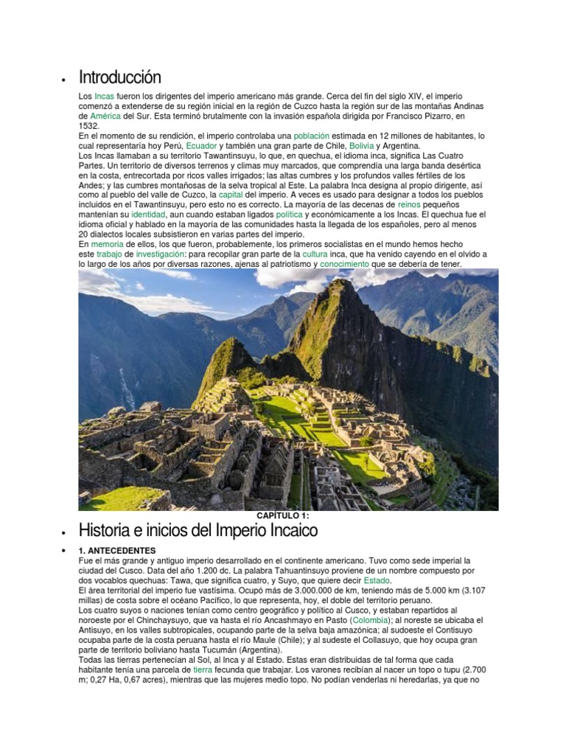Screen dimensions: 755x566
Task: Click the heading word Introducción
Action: (x=119, y=77)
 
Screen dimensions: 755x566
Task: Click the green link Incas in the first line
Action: (x=105, y=97)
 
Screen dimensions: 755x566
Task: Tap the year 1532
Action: (x=88, y=126)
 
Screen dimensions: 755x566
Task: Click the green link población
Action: (x=312, y=136)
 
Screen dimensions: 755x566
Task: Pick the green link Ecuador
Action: (x=201, y=146)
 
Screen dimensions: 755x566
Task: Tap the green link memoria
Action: (x=107, y=243)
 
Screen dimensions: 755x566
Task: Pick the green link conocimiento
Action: (x=345, y=263)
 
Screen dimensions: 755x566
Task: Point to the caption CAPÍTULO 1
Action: (x=284, y=515)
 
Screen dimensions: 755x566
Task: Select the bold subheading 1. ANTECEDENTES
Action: (x=117, y=551)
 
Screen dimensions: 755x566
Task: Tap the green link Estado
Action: (x=377, y=581)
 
